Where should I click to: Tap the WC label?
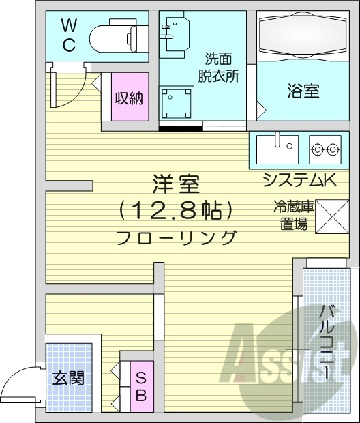[x=70, y=35]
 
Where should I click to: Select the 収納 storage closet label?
[x=128, y=98]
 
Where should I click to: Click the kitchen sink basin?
[x=278, y=147]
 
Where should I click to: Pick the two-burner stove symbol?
[x=325, y=148]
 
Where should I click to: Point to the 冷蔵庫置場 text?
[x=290, y=215]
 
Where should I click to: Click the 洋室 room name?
[x=176, y=184]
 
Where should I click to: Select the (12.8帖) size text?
[x=176, y=209]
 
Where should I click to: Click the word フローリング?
[x=176, y=238]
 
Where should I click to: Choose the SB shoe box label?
[x=140, y=387]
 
